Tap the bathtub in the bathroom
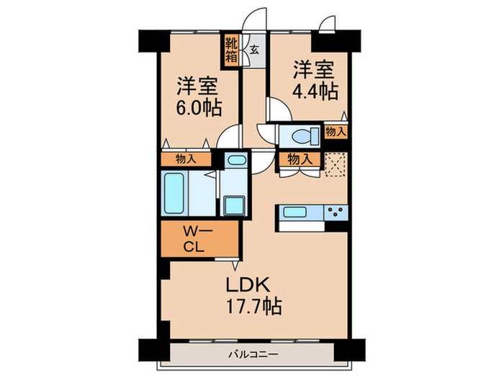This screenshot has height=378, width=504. click(x=175, y=193)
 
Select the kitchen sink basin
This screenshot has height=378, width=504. click(x=296, y=212)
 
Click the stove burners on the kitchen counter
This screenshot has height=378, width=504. click(x=335, y=212)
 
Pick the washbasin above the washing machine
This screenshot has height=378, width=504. click(x=235, y=161)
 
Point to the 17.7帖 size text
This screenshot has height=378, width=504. click(x=251, y=305)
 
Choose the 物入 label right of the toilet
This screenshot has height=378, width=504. click(x=336, y=131)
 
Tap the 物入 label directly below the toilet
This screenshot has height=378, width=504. click(x=299, y=159)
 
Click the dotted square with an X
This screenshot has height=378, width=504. click(x=336, y=164)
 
